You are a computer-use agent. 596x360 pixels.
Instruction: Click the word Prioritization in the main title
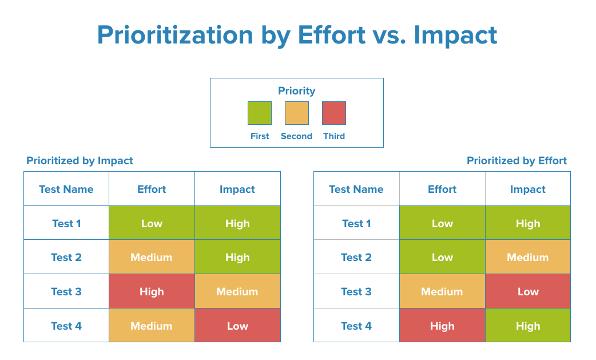[x=175, y=35]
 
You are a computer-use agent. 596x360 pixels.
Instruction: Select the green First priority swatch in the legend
[x=259, y=113]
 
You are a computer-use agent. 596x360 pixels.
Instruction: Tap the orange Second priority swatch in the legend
[x=297, y=113]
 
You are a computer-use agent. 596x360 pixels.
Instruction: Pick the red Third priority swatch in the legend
[x=334, y=113]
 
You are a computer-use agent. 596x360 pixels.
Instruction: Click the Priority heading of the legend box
[x=296, y=91]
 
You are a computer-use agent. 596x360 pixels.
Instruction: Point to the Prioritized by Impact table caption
[x=80, y=161]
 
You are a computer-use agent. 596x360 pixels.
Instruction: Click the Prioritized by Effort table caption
[x=516, y=161]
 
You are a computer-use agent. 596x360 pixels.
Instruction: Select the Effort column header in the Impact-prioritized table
[x=152, y=189]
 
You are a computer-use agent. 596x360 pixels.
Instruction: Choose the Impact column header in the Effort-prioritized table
[x=527, y=189]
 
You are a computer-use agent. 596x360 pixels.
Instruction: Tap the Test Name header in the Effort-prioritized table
[x=356, y=189]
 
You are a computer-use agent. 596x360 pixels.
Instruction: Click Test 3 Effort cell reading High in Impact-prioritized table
[x=152, y=292]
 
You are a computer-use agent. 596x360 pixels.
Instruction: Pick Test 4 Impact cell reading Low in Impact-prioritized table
[x=237, y=326]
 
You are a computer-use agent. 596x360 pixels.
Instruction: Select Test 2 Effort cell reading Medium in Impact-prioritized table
[x=152, y=258]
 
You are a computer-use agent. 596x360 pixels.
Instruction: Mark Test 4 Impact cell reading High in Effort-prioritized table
[x=527, y=326]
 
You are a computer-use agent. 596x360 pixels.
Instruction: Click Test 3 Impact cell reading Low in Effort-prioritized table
[x=527, y=292]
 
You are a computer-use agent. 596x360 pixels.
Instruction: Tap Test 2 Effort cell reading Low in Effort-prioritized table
[x=442, y=258]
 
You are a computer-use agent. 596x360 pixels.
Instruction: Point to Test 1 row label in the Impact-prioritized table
[x=66, y=224]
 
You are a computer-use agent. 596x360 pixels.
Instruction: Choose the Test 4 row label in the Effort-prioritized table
[x=356, y=326]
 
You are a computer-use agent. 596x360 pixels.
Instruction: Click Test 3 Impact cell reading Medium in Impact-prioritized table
[x=237, y=292]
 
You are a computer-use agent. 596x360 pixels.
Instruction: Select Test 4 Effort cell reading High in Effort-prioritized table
[x=442, y=326]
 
